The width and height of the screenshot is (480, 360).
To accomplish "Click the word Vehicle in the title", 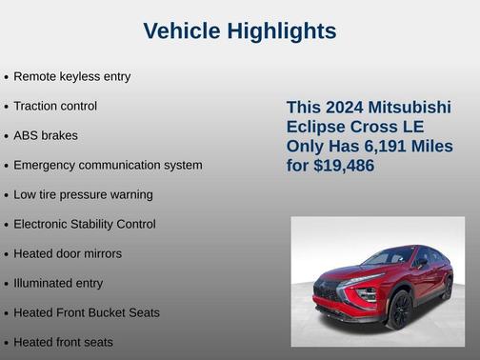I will pyautogui.click(x=183, y=31).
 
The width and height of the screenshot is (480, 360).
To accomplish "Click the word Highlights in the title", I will pyautogui.click(x=282, y=31).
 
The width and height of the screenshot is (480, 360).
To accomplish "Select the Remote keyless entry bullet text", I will pyautogui.click(x=71, y=76).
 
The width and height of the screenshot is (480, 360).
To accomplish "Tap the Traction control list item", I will pyautogui.click(x=55, y=106).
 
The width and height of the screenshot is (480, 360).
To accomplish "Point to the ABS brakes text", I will pyautogui.click(x=46, y=135).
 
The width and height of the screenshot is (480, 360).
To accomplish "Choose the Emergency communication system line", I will pyautogui.click(x=108, y=165).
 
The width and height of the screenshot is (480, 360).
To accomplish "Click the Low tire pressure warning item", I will pyautogui.click(x=83, y=194).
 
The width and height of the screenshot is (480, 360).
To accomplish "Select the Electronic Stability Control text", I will pyautogui.click(x=85, y=224).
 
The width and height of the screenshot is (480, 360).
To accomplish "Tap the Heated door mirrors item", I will pyautogui.click(x=68, y=253).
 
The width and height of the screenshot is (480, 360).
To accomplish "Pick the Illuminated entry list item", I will pyautogui.click(x=58, y=283).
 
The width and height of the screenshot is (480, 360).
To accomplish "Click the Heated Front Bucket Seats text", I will pyautogui.click(x=87, y=312).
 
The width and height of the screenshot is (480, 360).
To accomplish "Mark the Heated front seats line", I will pyautogui.click(x=63, y=342).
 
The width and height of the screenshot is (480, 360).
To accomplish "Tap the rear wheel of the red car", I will pyautogui.click(x=447, y=289).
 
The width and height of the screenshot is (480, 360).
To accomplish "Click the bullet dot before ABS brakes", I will pyautogui.click(x=7, y=136).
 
